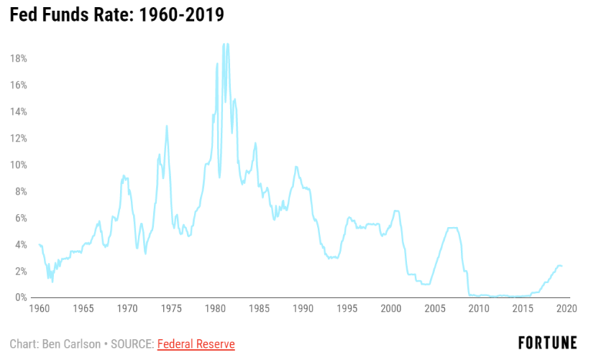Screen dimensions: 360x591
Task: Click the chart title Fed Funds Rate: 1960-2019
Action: (118, 15)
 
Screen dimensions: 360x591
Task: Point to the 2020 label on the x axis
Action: (566, 308)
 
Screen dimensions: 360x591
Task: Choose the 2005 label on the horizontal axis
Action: (435, 308)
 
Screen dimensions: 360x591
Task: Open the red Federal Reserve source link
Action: (195, 344)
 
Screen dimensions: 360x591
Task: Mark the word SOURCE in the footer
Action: (131, 344)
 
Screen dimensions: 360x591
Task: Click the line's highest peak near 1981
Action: (224, 45)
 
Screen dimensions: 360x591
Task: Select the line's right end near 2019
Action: (562, 265)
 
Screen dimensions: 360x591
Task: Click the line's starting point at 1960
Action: (38, 245)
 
